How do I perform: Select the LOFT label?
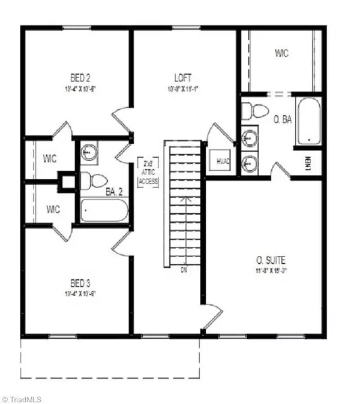point(183,77)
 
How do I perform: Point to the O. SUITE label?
point(271,260)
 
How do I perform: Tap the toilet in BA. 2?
point(93,179)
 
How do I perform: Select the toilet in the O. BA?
point(255,110)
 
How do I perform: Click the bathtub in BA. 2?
point(104,210)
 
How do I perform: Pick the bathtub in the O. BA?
point(309,122)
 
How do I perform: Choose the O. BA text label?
point(282,120)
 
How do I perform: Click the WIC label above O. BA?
point(281,54)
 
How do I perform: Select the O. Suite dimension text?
point(271,270)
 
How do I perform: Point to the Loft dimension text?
point(183,88)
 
